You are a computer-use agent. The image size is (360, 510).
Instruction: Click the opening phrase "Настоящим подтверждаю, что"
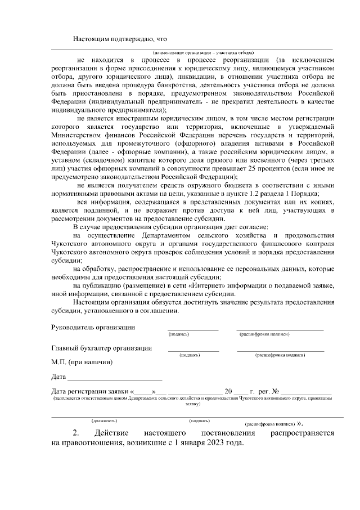pyautogui.click(x=121, y=39)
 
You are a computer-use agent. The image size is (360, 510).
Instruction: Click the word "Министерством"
pyautogui.click(x=76, y=136)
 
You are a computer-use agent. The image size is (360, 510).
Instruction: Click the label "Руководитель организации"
pyautogui.click(x=93, y=327)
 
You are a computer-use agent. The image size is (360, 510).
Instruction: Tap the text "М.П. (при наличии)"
pyautogui.click(x=82, y=362)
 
